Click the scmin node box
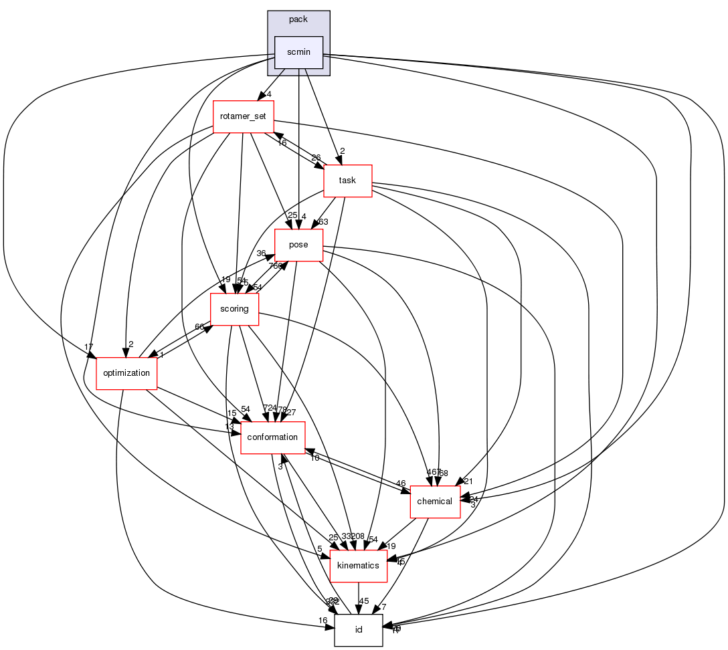[299, 52]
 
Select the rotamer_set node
[243, 116]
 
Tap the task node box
[347, 181]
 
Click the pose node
[298, 245]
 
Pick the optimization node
[126, 373]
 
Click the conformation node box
[272, 437]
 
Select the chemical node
[435, 502]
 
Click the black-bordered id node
[359, 630]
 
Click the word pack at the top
[298, 19]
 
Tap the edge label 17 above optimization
[88, 346]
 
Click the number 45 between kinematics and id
[365, 600]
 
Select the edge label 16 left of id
[323, 621]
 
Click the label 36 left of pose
[262, 254]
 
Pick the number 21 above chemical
[468, 481]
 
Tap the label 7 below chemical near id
[383, 607]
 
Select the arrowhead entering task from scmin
[340, 161]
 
